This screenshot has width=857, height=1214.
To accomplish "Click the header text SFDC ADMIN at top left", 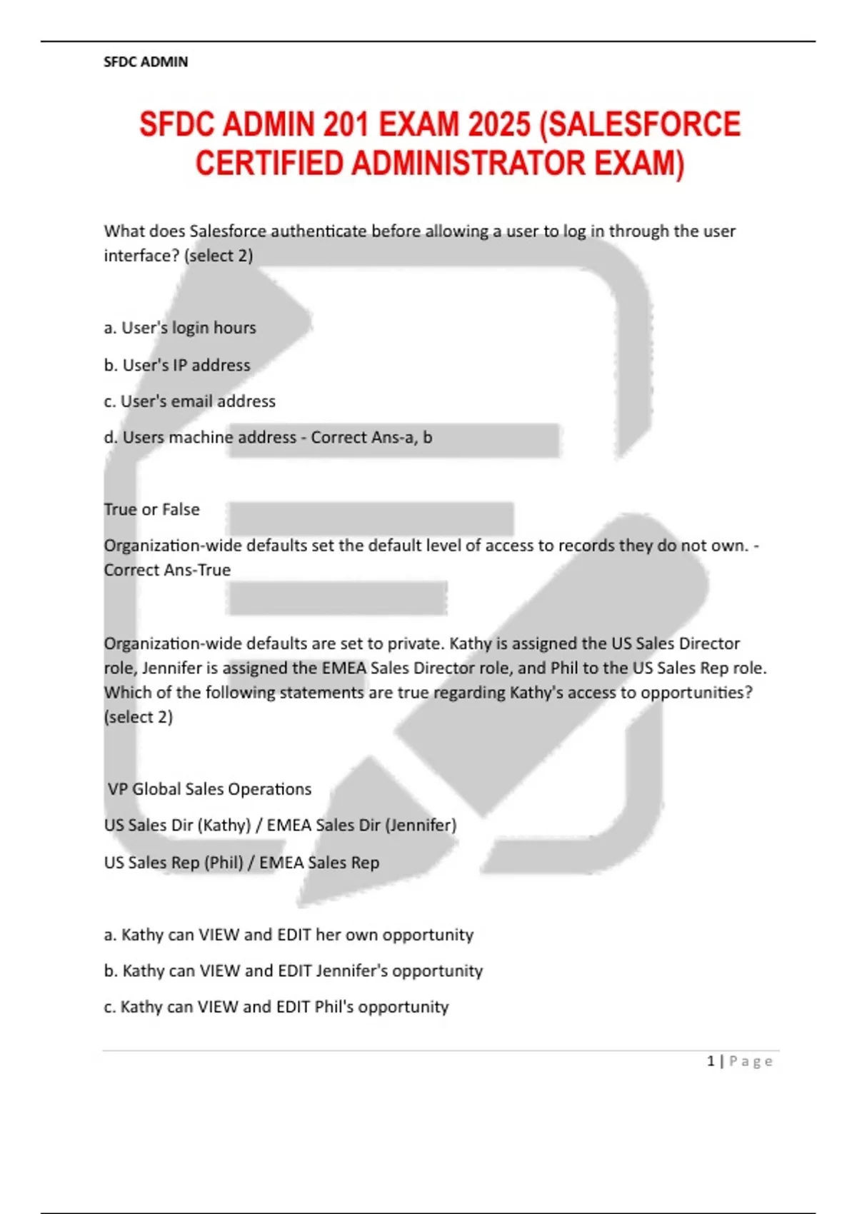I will [146, 62].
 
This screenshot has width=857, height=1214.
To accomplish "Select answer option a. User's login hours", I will [180, 328].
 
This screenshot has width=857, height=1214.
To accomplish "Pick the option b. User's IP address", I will [177, 365].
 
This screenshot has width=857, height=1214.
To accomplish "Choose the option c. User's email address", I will [189, 401].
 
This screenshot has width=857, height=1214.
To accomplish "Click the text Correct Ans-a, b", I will [371, 437].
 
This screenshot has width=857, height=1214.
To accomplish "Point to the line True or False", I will [151, 509].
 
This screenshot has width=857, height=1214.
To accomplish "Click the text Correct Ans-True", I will [167, 570].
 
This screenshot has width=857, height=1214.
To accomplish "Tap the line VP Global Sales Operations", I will [209, 789].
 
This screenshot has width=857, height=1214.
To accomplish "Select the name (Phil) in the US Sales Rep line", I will [224, 863].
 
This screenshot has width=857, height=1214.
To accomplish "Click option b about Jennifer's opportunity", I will [294, 971].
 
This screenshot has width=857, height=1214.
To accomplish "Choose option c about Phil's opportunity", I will [276, 1007].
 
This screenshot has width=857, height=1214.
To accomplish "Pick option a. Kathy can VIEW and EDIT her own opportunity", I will [289, 935].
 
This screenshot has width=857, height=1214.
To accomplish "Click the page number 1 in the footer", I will [711, 1061].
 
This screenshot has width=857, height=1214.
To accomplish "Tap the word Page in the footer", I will [751, 1061].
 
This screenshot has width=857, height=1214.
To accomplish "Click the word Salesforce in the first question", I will [227, 231].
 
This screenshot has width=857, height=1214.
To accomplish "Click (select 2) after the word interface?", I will [219, 256].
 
